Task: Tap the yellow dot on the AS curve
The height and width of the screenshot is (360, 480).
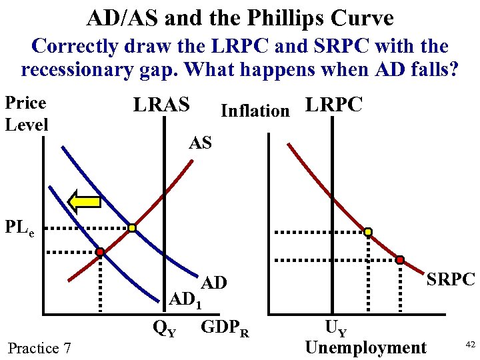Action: [132, 229]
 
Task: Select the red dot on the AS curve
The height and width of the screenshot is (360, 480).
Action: [99, 253]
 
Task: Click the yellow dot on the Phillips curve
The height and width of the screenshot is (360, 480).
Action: [367, 232]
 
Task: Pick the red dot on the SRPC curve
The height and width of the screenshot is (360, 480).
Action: [400, 259]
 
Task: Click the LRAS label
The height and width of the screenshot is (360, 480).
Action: [161, 105]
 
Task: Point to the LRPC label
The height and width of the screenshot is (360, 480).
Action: [333, 105]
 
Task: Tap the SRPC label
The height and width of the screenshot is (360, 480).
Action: [451, 279]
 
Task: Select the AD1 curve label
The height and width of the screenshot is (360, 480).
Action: [185, 300]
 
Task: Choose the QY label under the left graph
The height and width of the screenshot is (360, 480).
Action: [165, 328]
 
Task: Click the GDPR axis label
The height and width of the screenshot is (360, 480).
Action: [225, 328]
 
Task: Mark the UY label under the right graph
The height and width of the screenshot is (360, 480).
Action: [335, 327]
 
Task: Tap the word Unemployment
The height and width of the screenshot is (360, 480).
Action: [365, 347]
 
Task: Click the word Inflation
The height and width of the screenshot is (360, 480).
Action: [255, 110]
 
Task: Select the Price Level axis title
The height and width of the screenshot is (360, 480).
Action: [26, 113]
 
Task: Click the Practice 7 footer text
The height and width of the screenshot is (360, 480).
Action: [39, 347]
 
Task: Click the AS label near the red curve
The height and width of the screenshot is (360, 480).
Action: [200, 142]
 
